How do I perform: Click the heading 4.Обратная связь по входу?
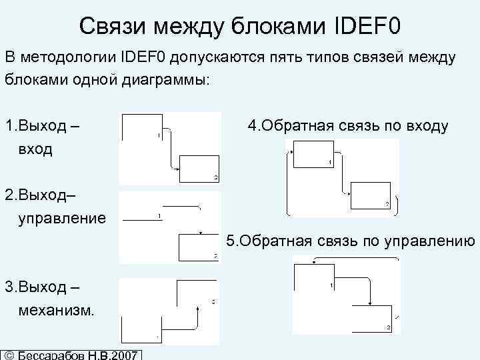tap(347, 125)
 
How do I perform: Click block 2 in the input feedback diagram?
tap(371, 196)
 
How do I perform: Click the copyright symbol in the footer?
tap(9, 354)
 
